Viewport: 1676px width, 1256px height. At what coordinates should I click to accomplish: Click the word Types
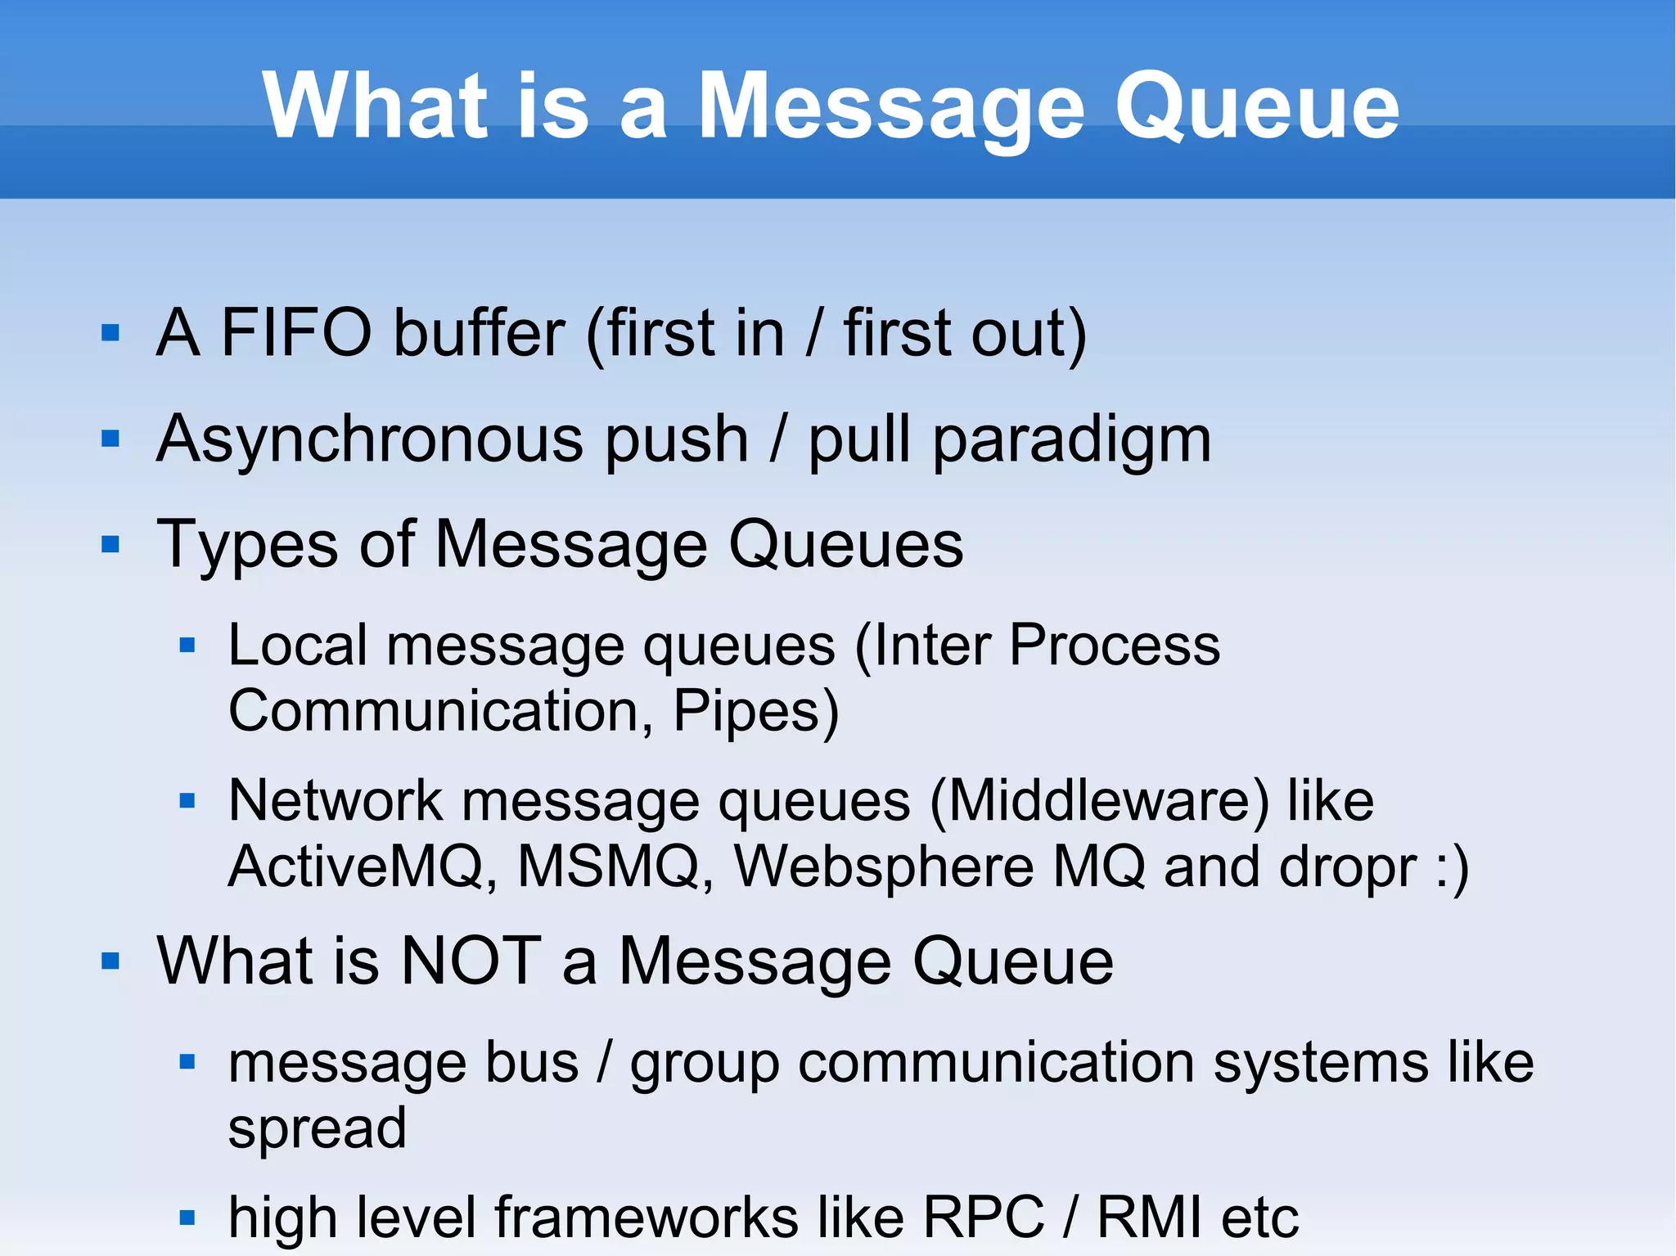[246, 546]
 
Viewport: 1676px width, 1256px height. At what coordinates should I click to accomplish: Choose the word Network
[335, 800]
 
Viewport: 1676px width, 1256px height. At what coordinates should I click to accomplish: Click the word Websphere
[884, 867]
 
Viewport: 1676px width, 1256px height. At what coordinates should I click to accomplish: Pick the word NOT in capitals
[471, 961]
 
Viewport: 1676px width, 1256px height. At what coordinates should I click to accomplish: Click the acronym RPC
[984, 1218]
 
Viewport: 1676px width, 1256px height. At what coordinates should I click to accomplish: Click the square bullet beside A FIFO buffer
[110, 333]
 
